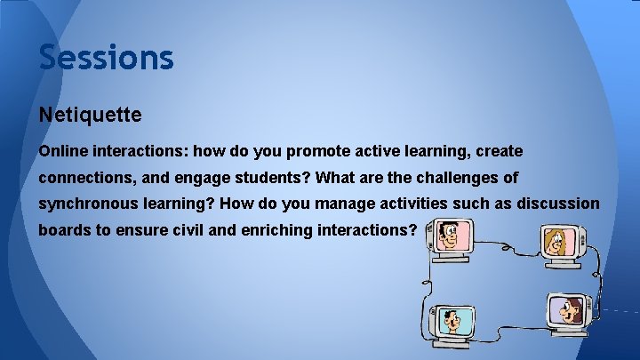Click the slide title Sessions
tap(106, 58)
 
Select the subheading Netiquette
tap(91, 116)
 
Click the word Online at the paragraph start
tap(62, 151)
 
